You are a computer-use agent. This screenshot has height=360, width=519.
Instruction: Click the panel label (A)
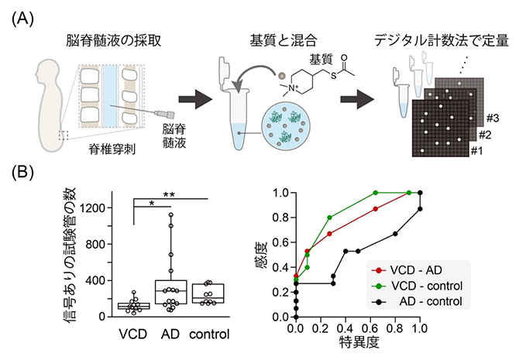coord(23,17)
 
